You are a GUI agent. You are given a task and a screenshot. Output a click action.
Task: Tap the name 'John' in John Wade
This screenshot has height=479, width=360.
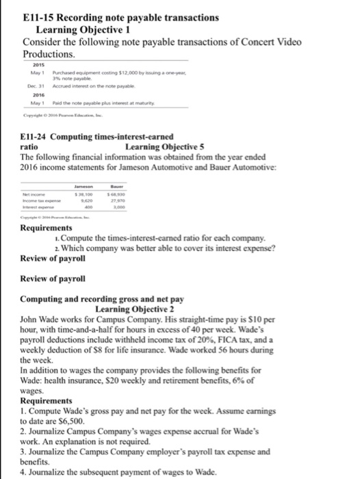32,319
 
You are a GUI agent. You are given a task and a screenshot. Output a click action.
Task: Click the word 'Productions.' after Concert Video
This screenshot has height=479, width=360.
49,53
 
